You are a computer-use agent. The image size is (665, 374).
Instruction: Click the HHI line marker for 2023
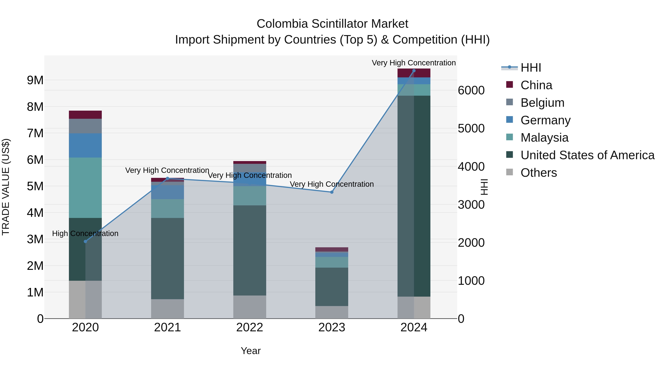pos(332,192)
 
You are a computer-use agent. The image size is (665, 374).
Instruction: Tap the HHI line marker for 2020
pos(86,241)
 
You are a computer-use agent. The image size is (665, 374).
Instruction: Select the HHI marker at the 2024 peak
pos(414,71)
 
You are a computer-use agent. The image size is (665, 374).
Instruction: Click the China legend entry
pos(536,85)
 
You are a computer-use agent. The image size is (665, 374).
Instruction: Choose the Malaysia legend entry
pos(544,138)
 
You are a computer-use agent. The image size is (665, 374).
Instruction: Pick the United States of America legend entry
pos(587,155)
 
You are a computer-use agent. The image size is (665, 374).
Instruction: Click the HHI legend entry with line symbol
pos(531,68)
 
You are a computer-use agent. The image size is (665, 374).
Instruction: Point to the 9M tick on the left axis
pos(35,80)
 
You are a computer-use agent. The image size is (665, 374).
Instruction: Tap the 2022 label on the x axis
pos(250,327)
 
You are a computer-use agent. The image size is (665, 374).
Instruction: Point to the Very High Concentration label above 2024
pos(414,63)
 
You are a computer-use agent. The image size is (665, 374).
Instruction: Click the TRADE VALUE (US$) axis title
pos(6,187)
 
